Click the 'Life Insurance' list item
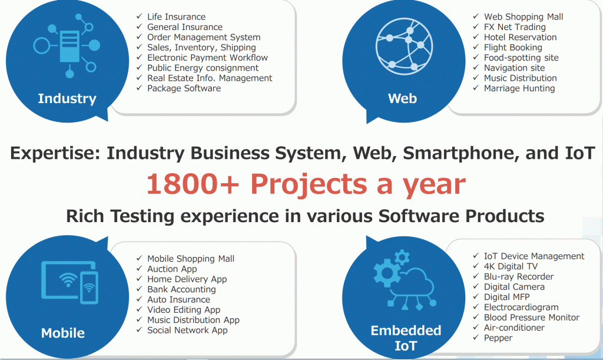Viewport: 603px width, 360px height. coord(176,17)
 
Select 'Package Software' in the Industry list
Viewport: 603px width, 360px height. coord(184,88)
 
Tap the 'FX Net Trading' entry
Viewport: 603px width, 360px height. coord(515,27)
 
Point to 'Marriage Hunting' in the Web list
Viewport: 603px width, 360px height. coord(519,88)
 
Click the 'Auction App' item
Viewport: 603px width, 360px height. coord(172,269)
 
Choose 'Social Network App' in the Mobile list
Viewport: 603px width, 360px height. coord(187,330)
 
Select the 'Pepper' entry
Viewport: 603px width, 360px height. coord(498,338)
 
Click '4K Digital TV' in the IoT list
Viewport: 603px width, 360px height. coord(511,266)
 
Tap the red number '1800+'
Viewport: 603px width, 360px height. coord(193,184)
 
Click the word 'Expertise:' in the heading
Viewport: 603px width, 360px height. coord(55,153)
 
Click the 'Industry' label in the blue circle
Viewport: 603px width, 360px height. coord(67,98)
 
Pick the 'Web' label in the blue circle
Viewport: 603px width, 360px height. coord(402,98)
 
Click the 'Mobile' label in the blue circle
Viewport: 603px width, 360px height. coord(62,333)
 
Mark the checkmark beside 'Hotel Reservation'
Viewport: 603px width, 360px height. coord(476,37)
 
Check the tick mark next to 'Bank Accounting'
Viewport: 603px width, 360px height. coord(139,289)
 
